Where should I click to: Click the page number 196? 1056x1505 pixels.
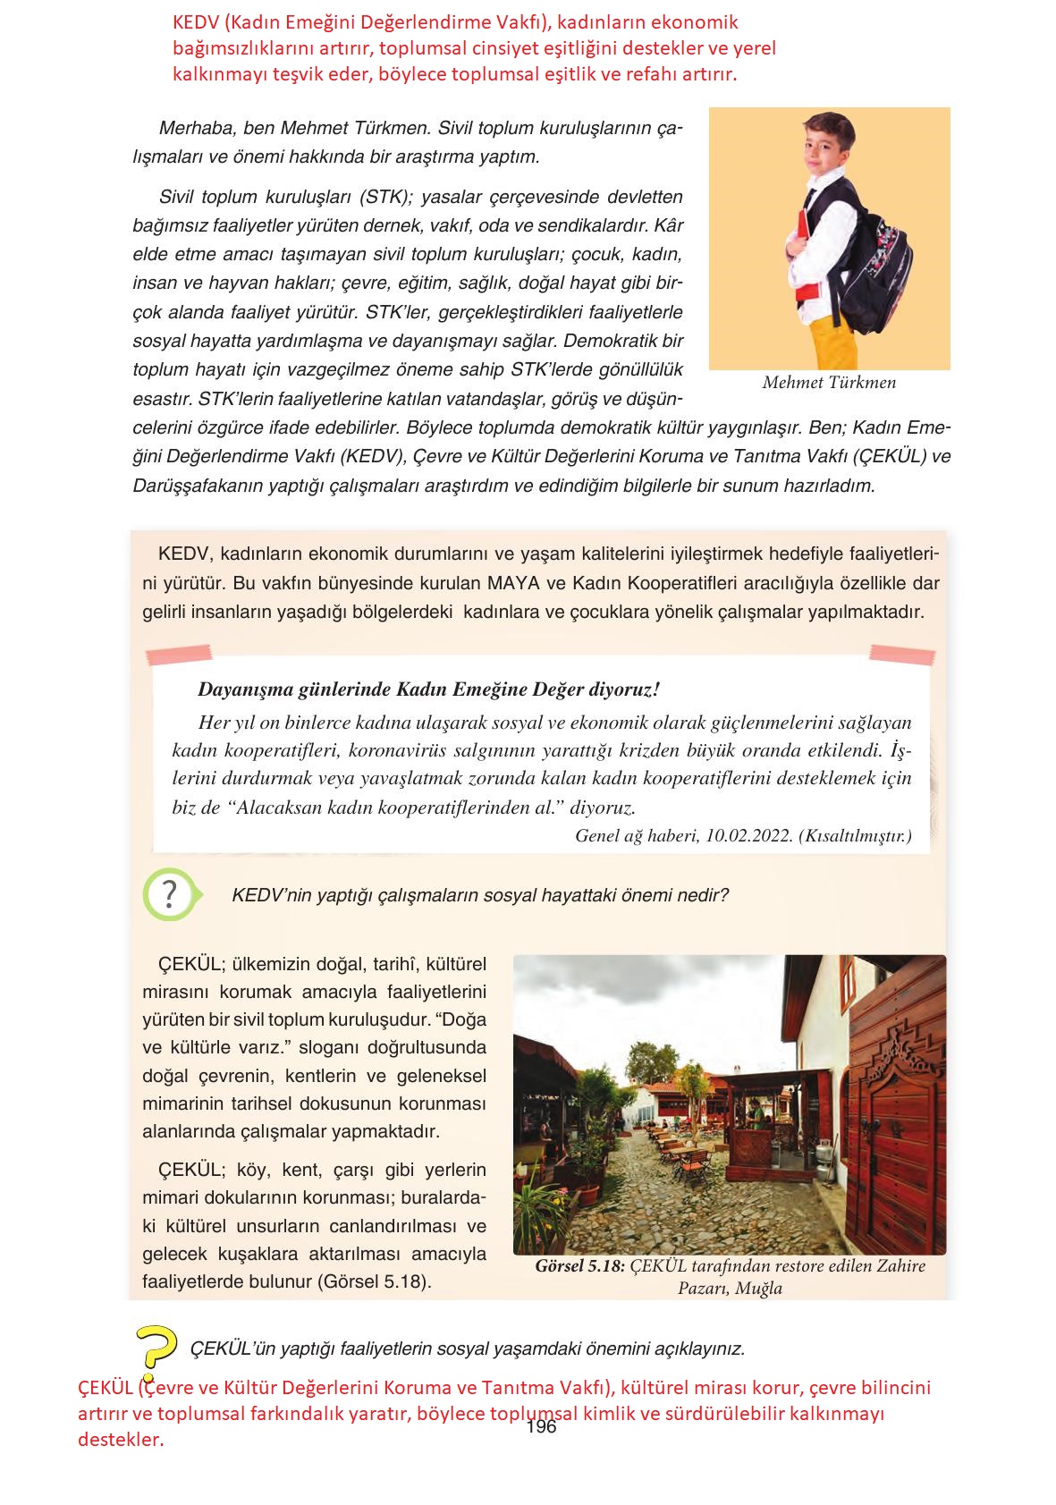pos(542,1427)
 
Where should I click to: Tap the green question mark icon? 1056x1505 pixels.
pos(169,893)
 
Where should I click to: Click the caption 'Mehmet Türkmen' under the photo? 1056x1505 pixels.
pos(829,383)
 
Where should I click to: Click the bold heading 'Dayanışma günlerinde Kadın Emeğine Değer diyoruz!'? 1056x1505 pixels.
pos(428,689)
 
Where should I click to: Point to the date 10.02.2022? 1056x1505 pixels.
pos(749,836)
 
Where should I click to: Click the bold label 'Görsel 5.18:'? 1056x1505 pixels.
pos(580,1266)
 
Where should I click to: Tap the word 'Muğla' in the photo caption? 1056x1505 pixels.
pos(758,1289)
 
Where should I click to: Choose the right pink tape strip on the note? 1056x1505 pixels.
pos(901,655)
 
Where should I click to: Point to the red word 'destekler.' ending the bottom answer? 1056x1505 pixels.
pos(121,1440)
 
